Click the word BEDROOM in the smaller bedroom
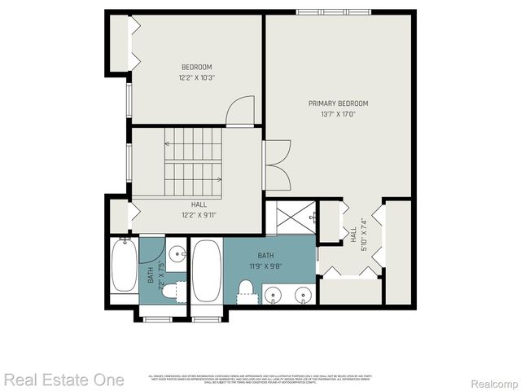pyautogui.click(x=196, y=67)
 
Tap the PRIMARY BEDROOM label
pyautogui.click(x=338, y=103)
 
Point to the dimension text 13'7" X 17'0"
pyautogui.click(x=338, y=114)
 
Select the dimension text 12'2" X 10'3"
pyautogui.click(x=196, y=77)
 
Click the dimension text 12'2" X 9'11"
pyautogui.click(x=199, y=215)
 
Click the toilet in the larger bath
pyautogui.click(x=246, y=288)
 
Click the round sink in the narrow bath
pyautogui.click(x=175, y=249)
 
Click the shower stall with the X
pyautogui.click(x=289, y=217)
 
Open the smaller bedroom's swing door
pyautogui.click(x=240, y=111)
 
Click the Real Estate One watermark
pyautogui.click(x=63, y=380)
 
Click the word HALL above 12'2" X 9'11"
pyautogui.click(x=199, y=204)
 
